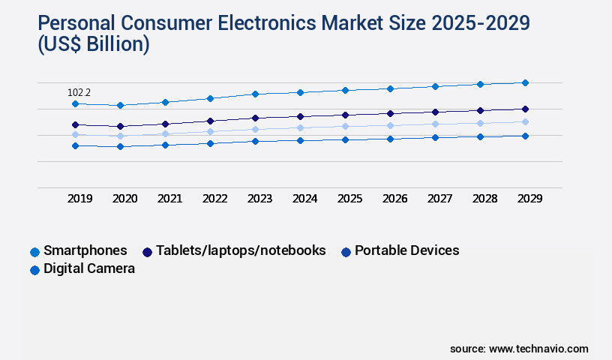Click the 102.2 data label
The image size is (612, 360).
click(79, 92)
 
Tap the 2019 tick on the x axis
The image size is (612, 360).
click(79, 199)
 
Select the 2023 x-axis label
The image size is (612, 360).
click(259, 199)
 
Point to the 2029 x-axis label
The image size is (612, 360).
click(529, 199)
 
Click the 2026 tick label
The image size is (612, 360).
click(394, 199)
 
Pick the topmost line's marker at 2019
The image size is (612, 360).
click(75, 103)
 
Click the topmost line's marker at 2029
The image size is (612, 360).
click(525, 82)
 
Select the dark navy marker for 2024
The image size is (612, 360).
click(300, 116)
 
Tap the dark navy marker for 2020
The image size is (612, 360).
click(120, 126)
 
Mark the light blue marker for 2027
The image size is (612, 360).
click(435, 124)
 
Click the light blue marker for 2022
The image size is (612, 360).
click(210, 131)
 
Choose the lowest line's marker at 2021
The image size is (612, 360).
click(165, 145)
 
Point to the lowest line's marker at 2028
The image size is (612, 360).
click(480, 136)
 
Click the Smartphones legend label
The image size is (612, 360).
click(85, 250)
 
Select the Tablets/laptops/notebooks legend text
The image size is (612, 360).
click(241, 250)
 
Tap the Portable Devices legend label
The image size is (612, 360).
click(406, 250)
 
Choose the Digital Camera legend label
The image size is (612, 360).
click(89, 268)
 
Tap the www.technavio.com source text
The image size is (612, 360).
click(538, 349)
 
